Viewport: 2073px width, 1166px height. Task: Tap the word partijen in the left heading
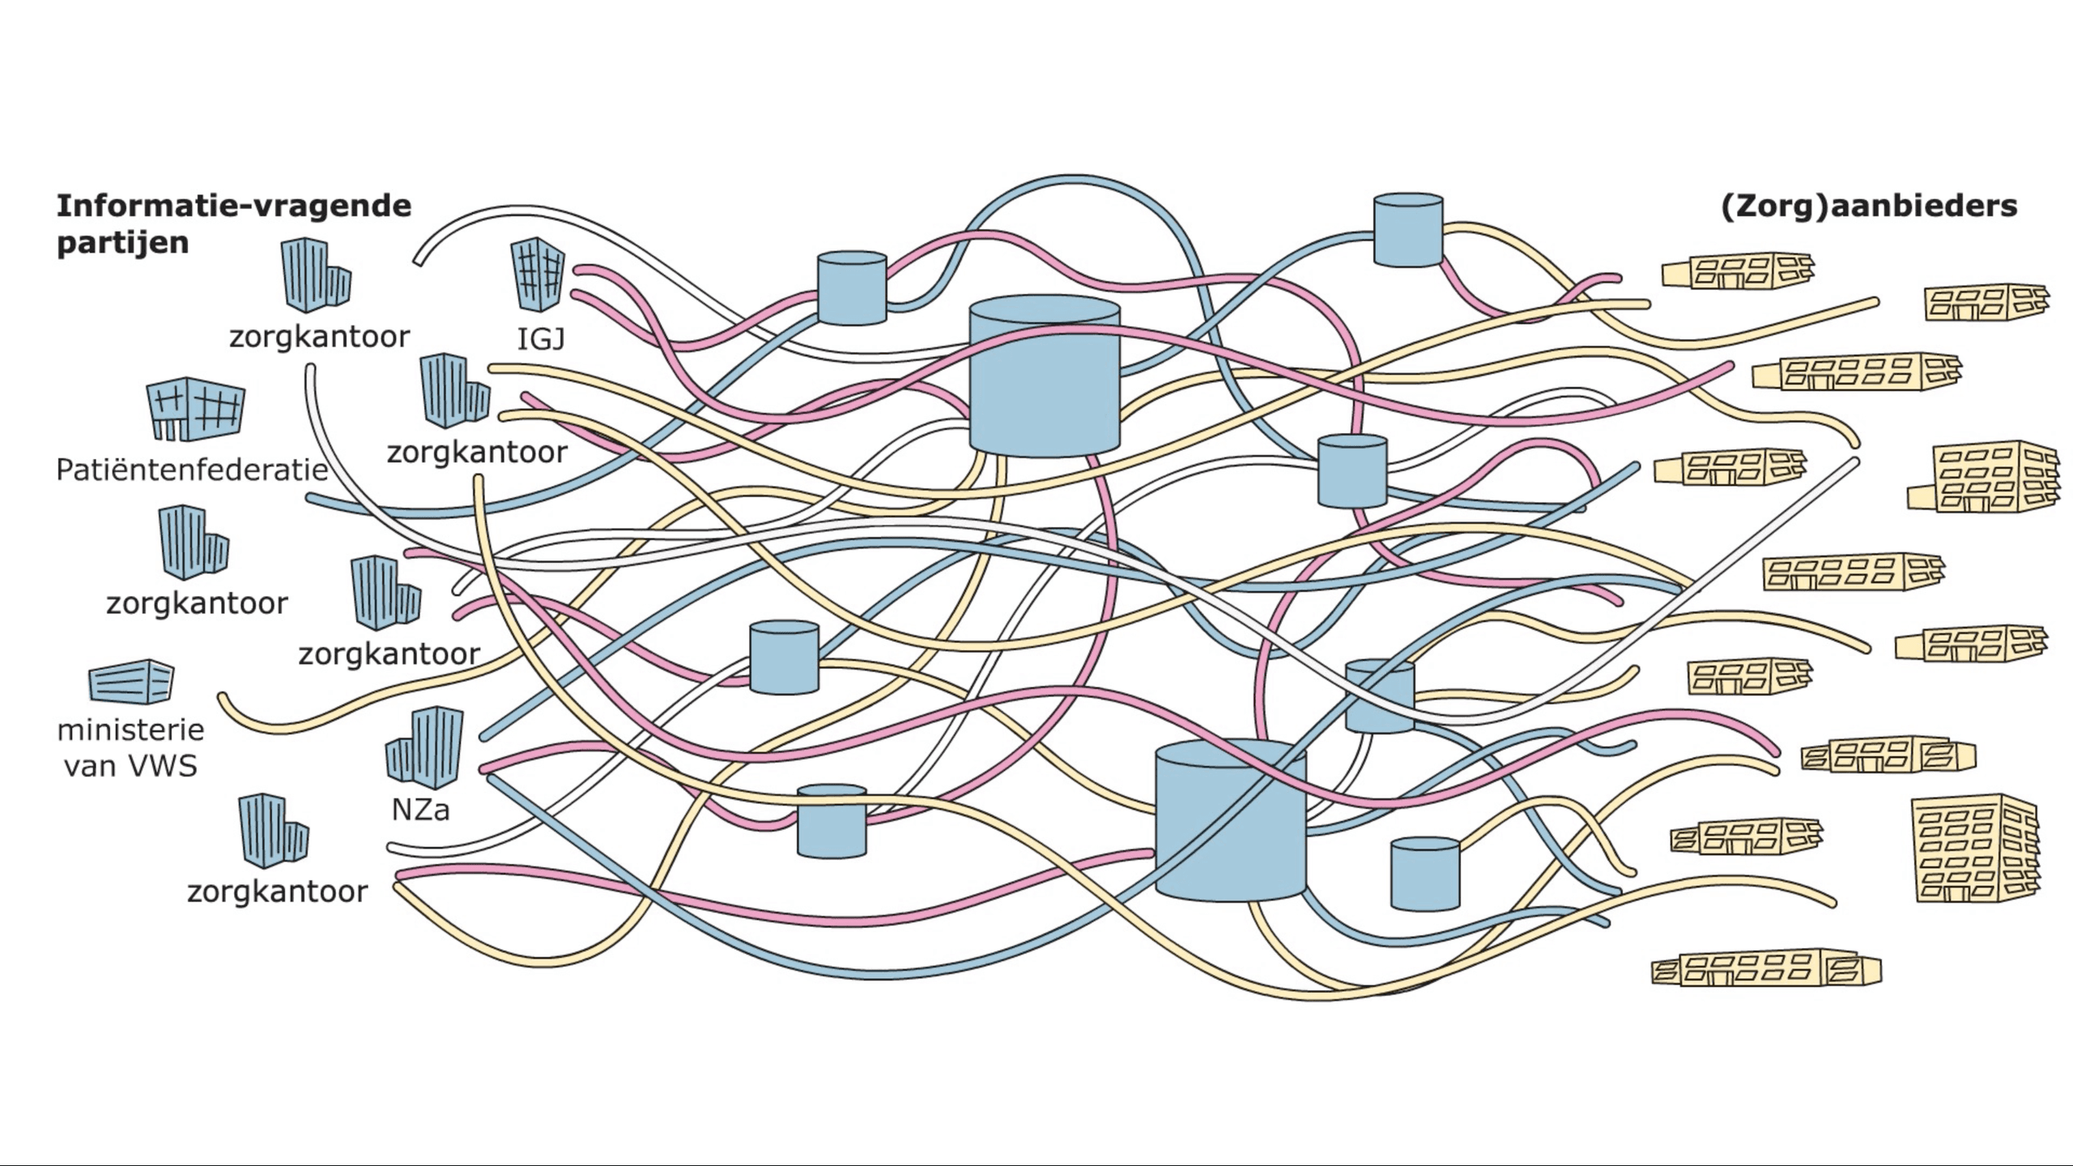click(x=122, y=242)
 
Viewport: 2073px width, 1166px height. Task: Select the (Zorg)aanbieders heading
click(x=1868, y=206)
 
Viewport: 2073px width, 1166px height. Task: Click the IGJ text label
click(x=541, y=338)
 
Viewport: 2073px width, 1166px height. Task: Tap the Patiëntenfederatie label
click(x=192, y=470)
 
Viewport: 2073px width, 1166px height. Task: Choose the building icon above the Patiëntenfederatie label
click(x=195, y=408)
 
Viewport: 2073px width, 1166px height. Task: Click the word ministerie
click(x=130, y=730)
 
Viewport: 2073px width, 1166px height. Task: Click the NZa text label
click(x=420, y=809)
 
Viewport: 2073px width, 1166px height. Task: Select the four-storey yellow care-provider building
click(x=1984, y=478)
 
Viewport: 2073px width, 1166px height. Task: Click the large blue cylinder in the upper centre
click(x=1045, y=377)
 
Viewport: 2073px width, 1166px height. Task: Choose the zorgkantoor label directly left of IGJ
click(x=319, y=336)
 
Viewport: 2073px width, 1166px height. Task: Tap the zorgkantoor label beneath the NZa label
click(x=277, y=892)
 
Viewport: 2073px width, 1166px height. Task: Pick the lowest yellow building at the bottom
click(x=1765, y=969)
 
